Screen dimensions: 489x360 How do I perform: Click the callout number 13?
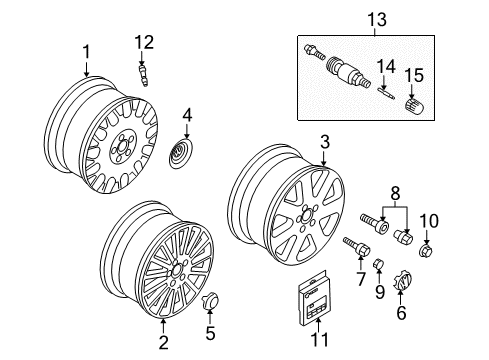coord(377,20)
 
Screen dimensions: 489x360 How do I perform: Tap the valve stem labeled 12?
coord(143,75)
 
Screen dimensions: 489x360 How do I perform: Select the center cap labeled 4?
coord(182,154)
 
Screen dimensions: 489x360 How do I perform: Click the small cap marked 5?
coord(210,300)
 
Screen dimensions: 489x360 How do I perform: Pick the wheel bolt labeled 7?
coord(356,247)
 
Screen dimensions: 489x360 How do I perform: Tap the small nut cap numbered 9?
coord(379,264)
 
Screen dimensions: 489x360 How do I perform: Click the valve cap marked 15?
coord(414,105)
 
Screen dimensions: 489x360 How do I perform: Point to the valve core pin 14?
coord(386,93)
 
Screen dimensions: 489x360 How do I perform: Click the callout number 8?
coord(395,193)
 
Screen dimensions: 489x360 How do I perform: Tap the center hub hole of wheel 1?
coord(121,145)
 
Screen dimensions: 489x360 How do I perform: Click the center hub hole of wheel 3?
coord(306,215)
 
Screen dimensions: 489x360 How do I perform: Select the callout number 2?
coord(163,342)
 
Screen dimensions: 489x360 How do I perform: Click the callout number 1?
coord(87,52)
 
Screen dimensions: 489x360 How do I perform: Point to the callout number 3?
coord(325,142)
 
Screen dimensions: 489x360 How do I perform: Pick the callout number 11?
coord(319,339)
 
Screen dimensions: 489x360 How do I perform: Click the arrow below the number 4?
coord(187,131)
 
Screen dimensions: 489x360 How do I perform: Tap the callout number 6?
coord(401,312)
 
